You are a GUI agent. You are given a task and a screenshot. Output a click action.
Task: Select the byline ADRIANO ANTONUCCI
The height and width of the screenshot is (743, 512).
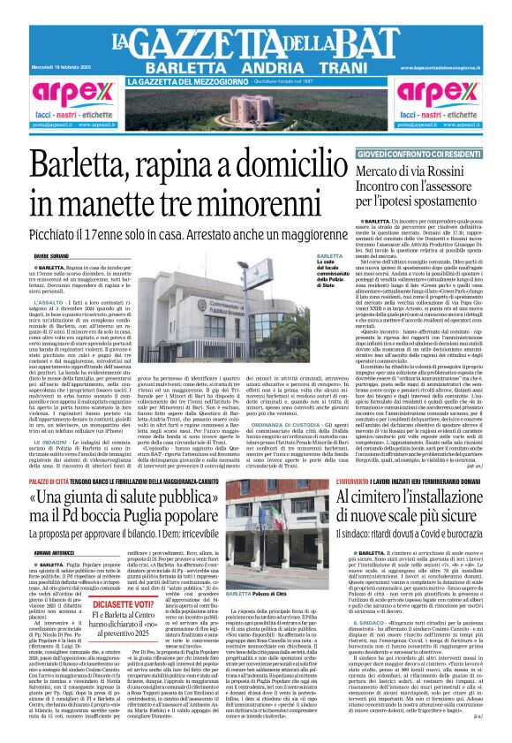click(x=55, y=551)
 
